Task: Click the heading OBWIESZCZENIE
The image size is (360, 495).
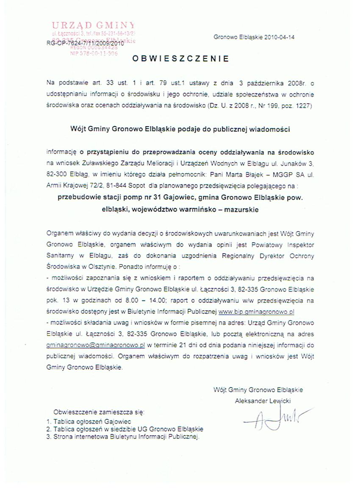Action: point(180,59)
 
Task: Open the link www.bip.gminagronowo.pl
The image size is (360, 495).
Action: point(256,312)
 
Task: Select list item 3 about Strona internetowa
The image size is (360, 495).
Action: point(123,436)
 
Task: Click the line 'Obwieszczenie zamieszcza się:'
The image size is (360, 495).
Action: point(99,412)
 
